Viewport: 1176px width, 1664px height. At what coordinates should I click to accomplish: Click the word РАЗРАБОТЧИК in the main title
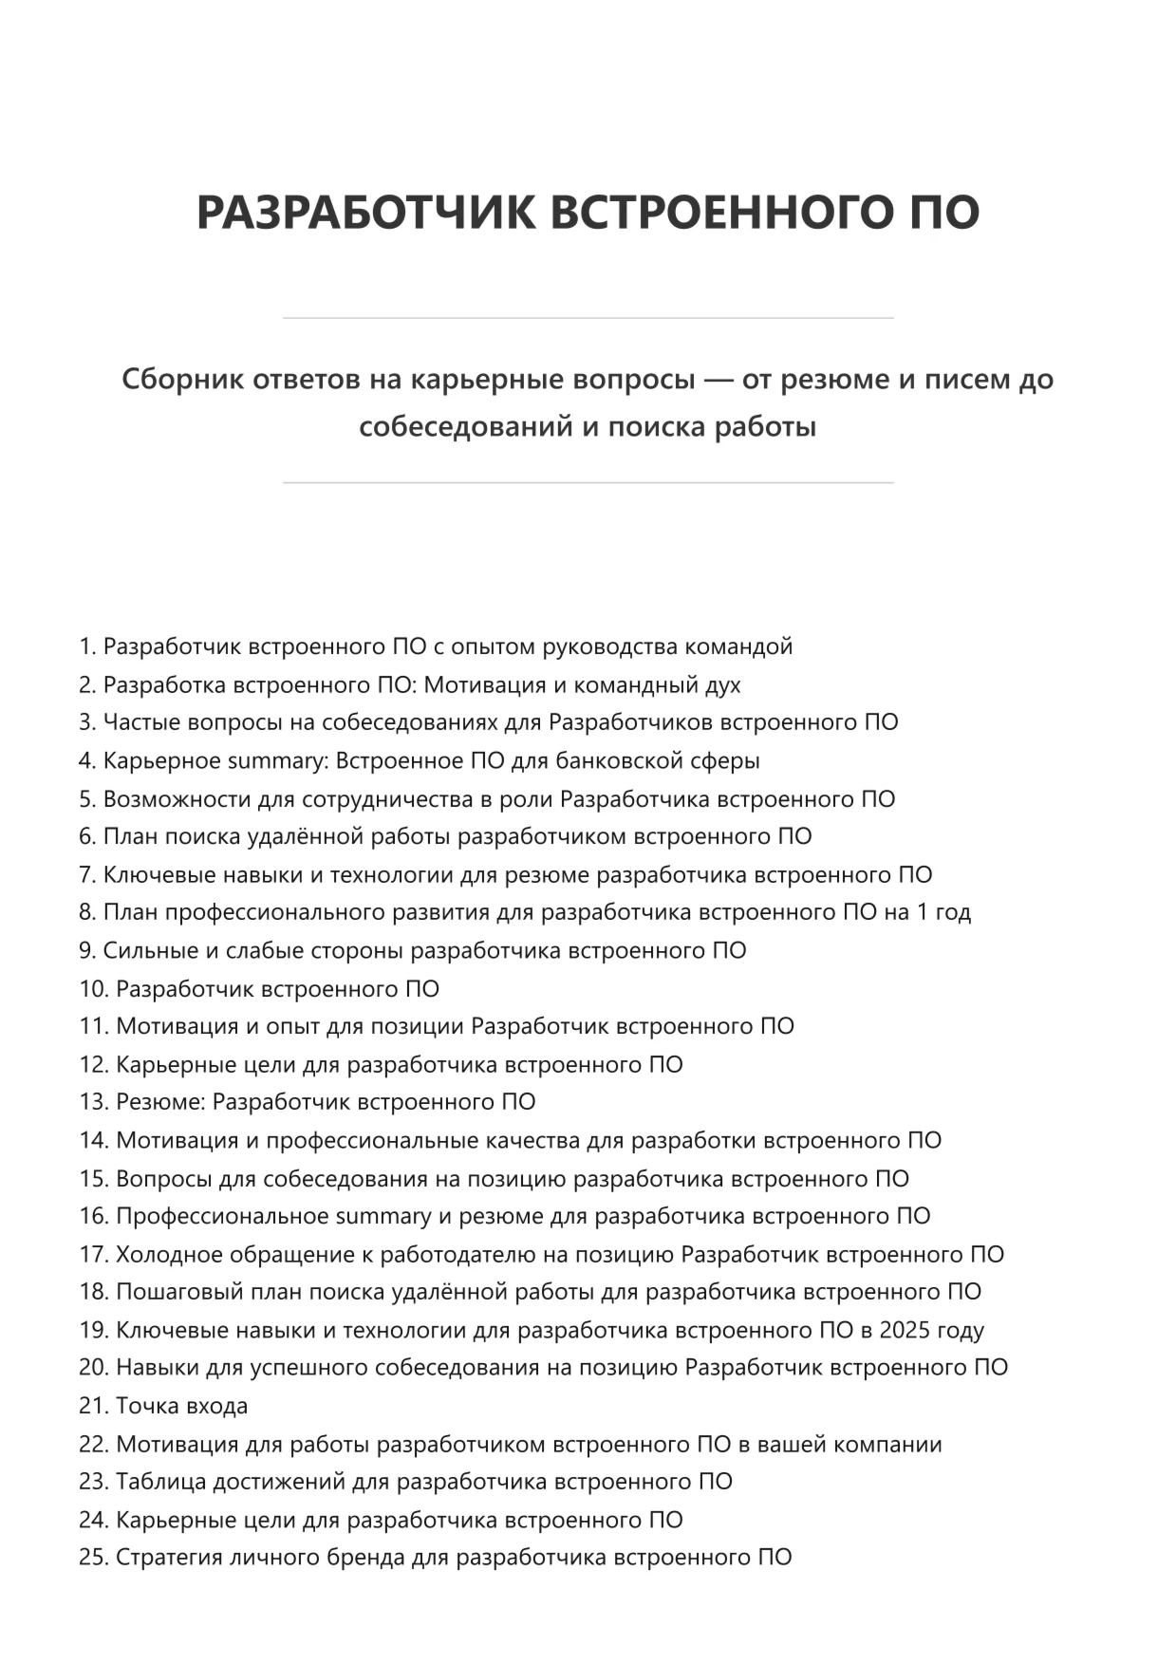(x=364, y=212)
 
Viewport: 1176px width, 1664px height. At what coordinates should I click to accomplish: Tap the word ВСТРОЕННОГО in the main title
(x=714, y=212)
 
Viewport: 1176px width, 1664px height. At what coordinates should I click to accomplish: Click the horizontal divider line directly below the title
(x=588, y=318)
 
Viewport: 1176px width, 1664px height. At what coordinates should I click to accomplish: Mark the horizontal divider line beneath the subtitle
(x=588, y=483)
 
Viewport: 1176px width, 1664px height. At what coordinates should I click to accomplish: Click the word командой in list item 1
(x=738, y=647)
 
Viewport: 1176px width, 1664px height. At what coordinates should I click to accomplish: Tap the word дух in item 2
(x=723, y=685)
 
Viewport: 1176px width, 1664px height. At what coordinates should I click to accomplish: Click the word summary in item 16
(x=383, y=1217)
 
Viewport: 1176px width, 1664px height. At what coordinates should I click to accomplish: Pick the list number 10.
(x=93, y=989)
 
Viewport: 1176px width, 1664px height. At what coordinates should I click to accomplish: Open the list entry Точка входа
(x=181, y=1407)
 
